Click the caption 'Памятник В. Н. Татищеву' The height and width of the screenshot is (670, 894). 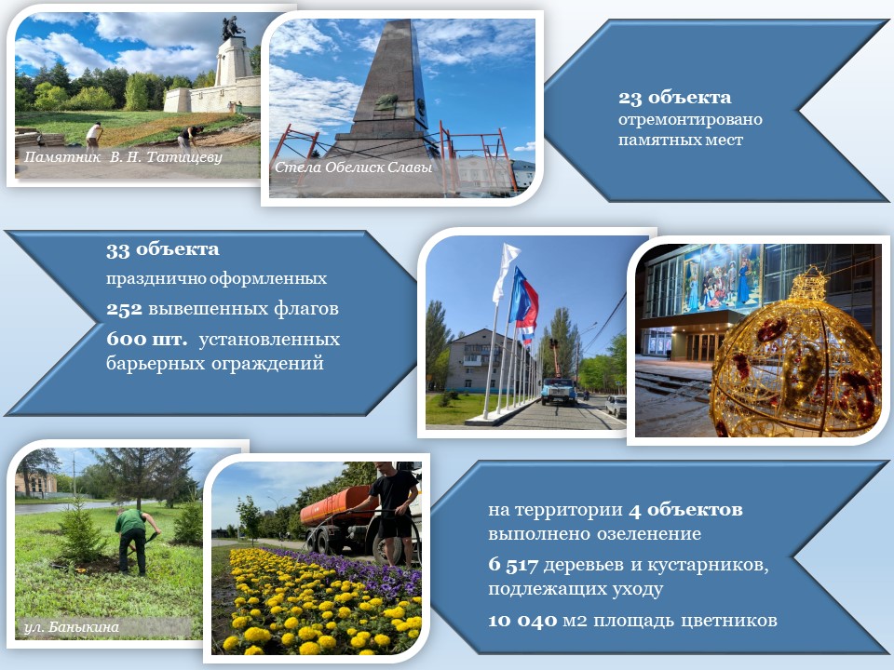[x=123, y=157]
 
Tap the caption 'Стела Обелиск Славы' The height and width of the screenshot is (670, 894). [x=354, y=167]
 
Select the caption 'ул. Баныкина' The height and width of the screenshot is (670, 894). [x=72, y=627]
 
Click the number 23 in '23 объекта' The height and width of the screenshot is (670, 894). [x=630, y=98]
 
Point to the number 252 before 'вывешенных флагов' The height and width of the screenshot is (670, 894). [x=124, y=309]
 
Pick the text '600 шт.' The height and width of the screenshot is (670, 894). [x=146, y=340]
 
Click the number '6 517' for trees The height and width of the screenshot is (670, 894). [x=512, y=565]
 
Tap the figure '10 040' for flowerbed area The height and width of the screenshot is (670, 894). [x=522, y=620]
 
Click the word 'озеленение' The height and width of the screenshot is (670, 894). [x=649, y=534]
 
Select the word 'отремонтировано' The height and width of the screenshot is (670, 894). [x=690, y=120]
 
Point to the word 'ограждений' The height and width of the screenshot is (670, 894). [x=267, y=363]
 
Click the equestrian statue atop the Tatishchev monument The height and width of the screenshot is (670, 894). [x=233, y=28]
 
